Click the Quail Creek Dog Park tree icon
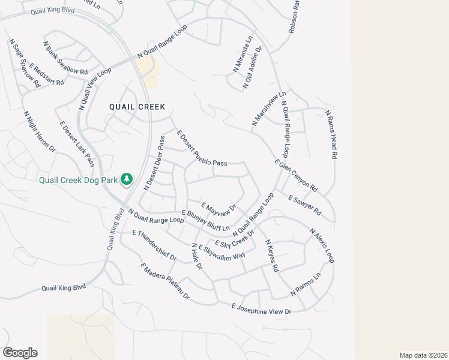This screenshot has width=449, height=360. pos(127,179)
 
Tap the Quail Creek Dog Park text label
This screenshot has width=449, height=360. pos(79,179)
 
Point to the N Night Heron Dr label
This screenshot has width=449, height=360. pos(39,131)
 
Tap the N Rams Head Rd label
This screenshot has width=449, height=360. pos(331,134)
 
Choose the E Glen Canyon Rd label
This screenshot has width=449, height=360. pos(295,175)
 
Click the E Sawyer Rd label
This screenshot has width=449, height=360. pos(305,205)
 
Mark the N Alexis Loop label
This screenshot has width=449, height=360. pos(322,245)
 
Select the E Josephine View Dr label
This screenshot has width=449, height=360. pos(261,309)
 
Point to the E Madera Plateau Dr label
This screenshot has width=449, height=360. pos(164,282)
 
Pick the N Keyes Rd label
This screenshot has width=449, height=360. pos(273,256)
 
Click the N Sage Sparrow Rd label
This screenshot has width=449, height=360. pos(25,64)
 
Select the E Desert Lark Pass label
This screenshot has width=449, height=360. pos(77,145)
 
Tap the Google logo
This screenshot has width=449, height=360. pos(20,353)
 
